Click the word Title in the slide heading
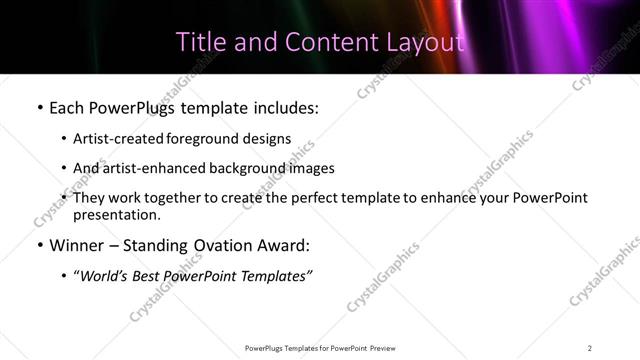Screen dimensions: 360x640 pos(197,42)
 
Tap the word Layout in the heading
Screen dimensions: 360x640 pos(428,42)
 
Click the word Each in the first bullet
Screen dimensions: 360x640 pos(68,107)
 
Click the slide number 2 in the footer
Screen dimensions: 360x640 pos(590,348)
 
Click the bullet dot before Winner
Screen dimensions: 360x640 pos(38,246)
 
